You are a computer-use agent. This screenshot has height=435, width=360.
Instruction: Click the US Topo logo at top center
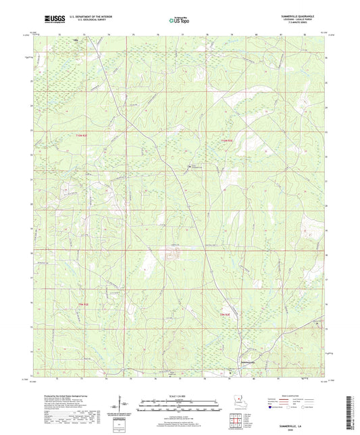pos(179,20)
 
